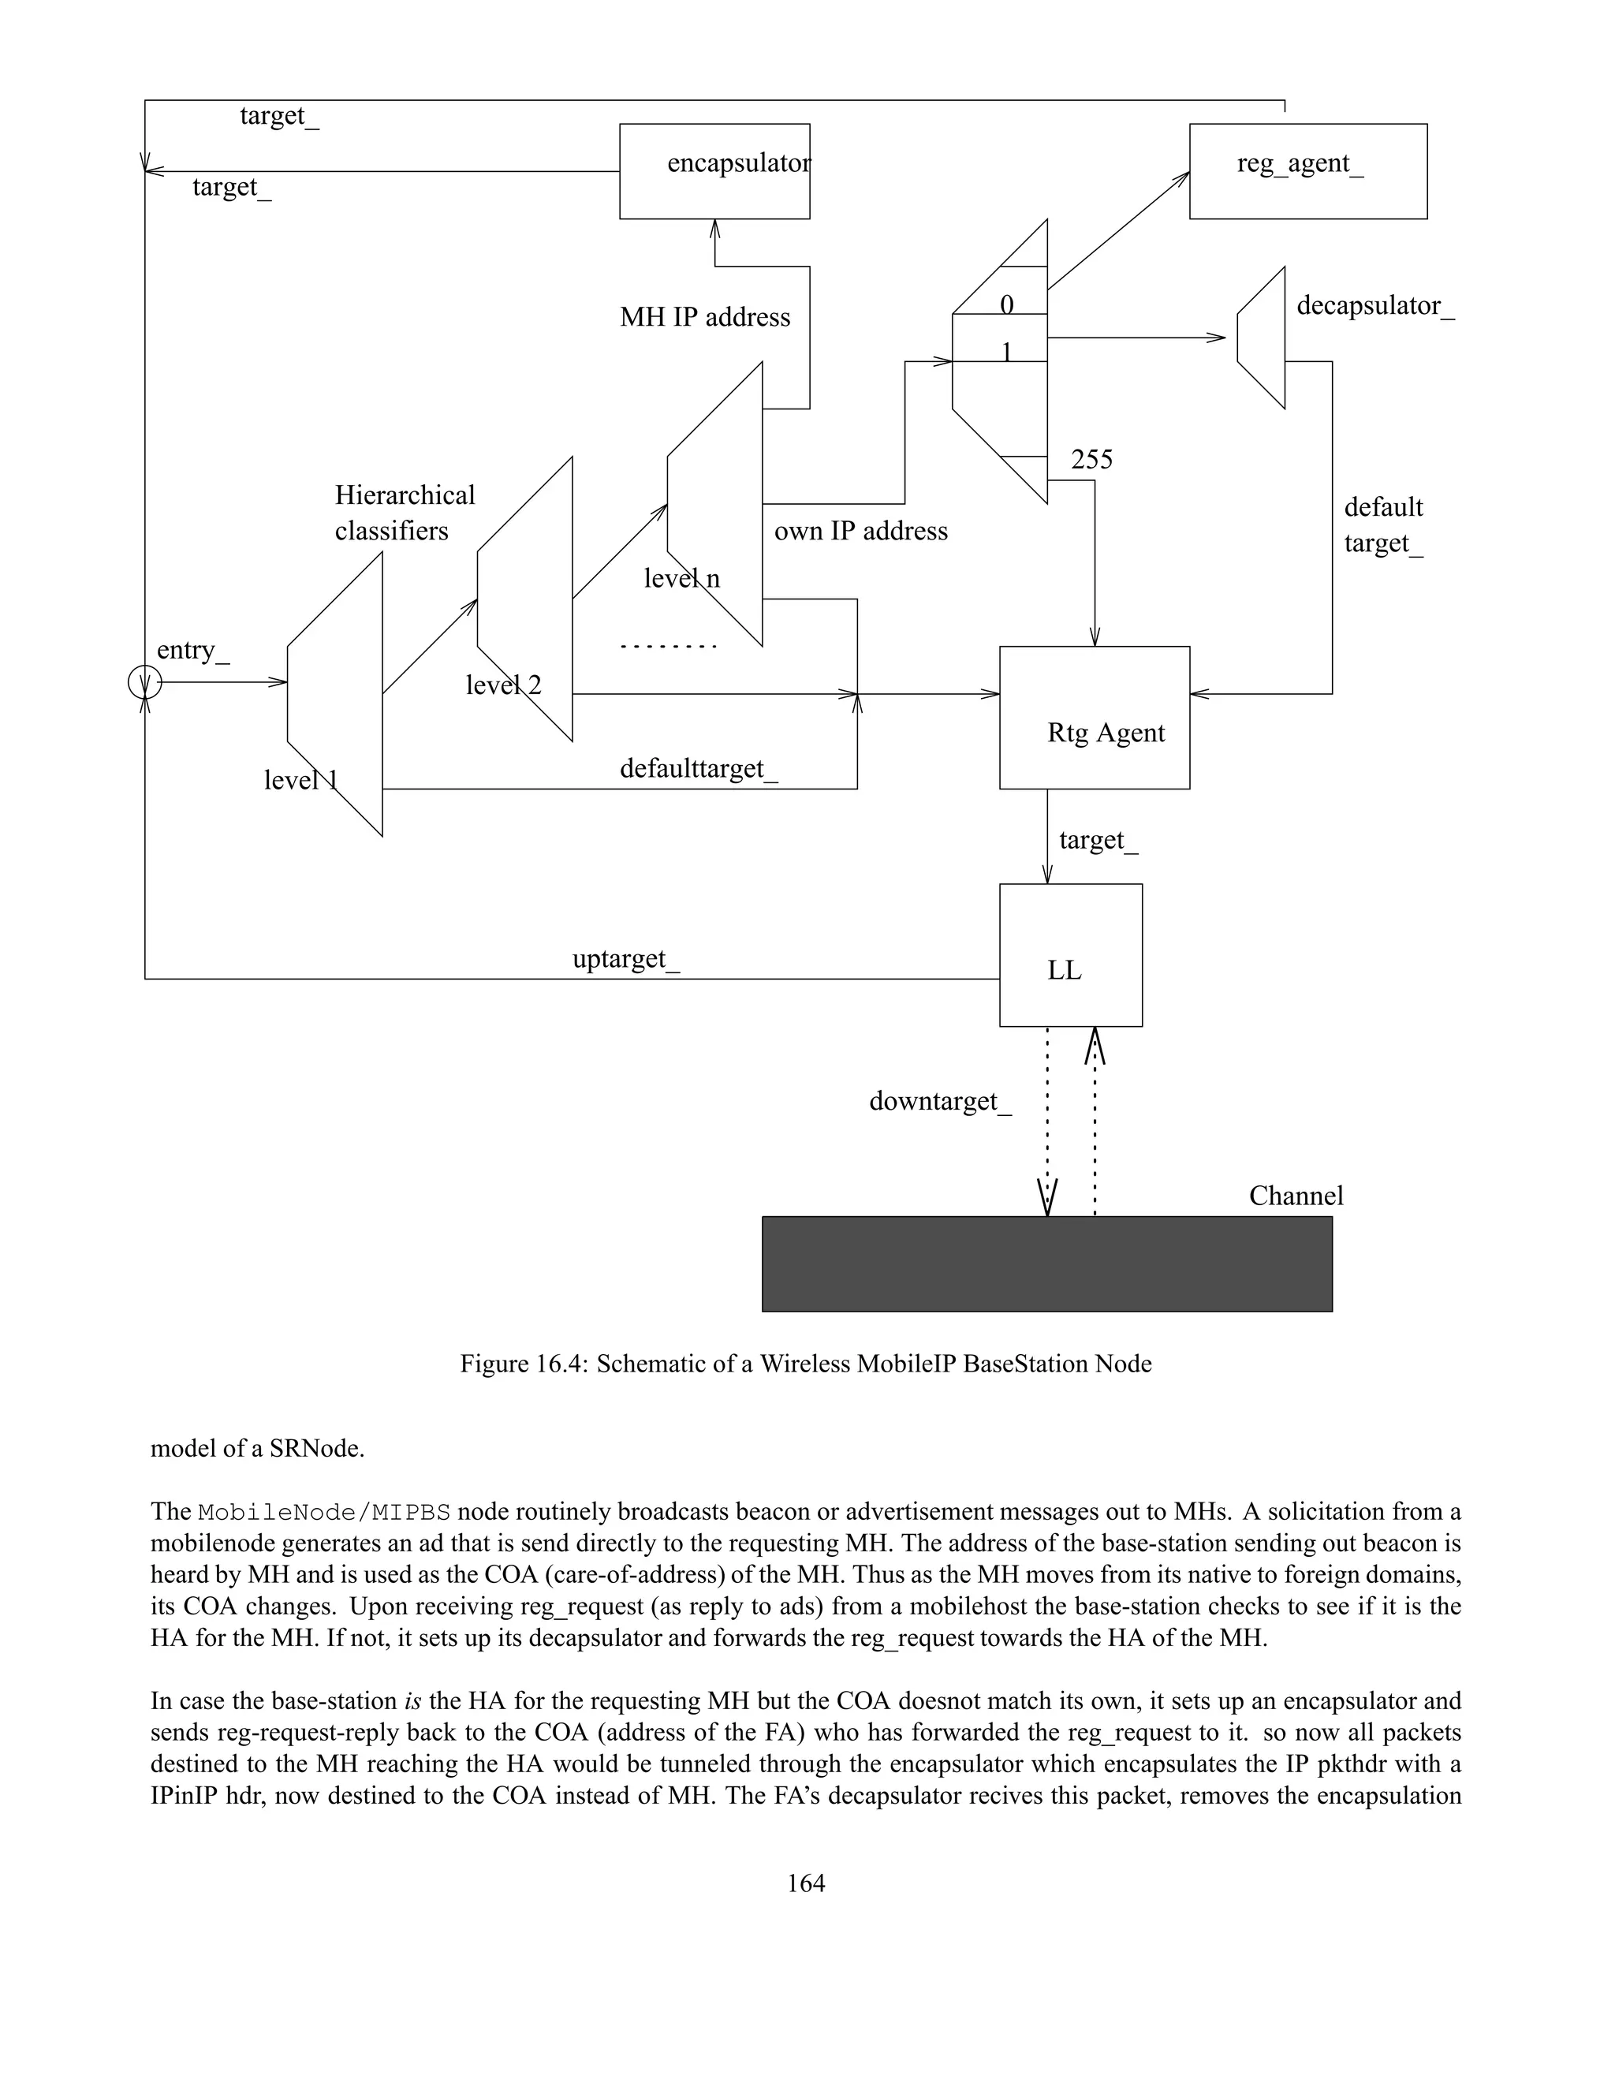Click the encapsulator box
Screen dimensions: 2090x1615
(714, 171)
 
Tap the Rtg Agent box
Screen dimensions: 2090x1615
(1094, 718)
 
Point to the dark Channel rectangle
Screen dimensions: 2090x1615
(1046, 1263)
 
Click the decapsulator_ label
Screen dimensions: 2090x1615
(1374, 306)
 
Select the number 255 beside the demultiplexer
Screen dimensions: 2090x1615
(1091, 461)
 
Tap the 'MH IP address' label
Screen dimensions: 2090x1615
(704, 318)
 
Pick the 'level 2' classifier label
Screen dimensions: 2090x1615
(503, 685)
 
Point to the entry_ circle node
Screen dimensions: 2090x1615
(144, 682)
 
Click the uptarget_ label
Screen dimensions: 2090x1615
(625, 959)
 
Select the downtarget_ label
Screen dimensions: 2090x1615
(938, 1102)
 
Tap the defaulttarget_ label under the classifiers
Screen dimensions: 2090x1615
(699, 768)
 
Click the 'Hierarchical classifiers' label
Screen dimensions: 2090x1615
(404, 513)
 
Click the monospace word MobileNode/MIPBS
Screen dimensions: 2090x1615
(323, 1512)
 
